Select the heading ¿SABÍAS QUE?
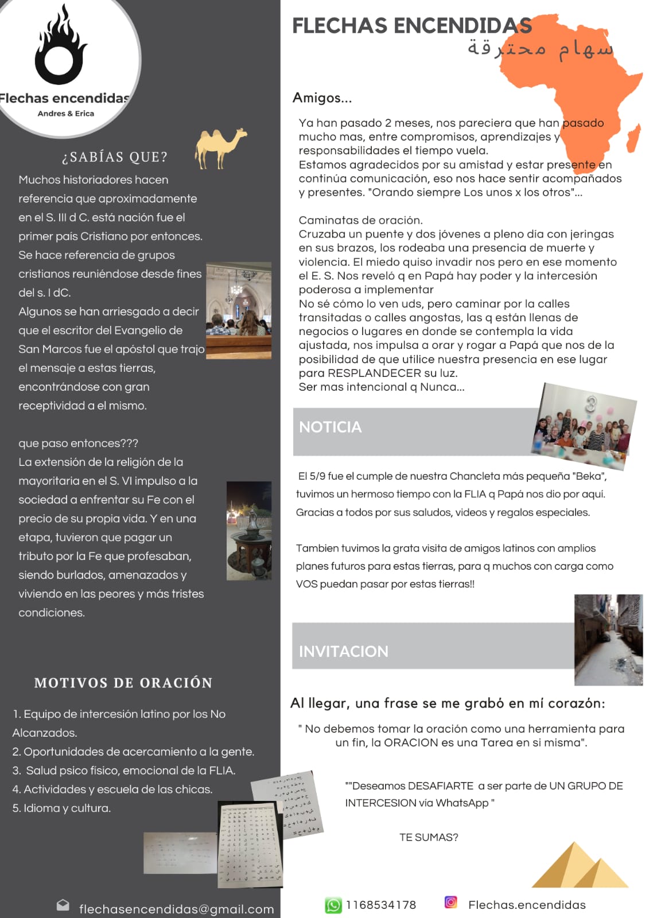(115, 157)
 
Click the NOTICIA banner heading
(331, 427)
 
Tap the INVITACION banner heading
(343, 651)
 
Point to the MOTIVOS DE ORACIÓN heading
(123, 683)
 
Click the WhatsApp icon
(333, 905)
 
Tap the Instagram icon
(451, 902)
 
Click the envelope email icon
(63, 905)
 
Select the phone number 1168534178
(380, 905)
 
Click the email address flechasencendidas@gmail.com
(176, 909)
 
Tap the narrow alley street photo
(608, 640)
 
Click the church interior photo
(239, 310)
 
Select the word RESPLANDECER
(374, 373)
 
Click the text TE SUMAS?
(429, 838)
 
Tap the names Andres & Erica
(66, 114)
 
